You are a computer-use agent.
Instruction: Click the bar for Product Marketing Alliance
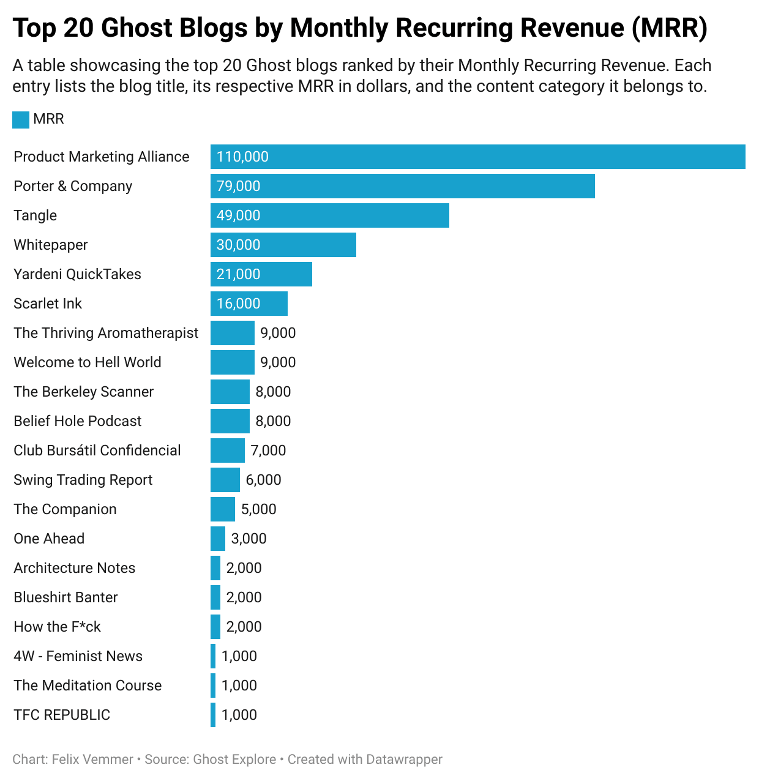click(x=477, y=157)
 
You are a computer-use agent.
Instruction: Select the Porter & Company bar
click(x=402, y=186)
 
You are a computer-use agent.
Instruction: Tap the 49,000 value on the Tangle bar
click(x=238, y=215)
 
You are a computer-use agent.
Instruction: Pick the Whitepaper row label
click(x=51, y=245)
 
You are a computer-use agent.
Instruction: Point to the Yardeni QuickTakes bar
click(x=261, y=274)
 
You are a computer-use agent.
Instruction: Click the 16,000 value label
click(x=238, y=304)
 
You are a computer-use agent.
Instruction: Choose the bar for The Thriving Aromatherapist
click(x=232, y=333)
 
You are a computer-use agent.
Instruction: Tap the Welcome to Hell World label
click(x=88, y=362)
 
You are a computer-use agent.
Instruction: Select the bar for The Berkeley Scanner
click(x=230, y=392)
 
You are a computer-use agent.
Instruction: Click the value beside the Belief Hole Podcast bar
click(x=273, y=421)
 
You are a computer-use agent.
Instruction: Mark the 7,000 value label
click(x=268, y=450)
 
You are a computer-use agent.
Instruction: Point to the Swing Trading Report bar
click(x=225, y=480)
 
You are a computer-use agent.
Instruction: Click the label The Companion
click(x=65, y=509)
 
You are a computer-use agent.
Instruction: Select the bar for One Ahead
click(x=217, y=539)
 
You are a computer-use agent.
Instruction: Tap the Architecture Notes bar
click(x=215, y=568)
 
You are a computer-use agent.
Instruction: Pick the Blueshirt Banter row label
click(x=65, y=597)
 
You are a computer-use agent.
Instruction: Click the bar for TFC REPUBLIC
click(x=213, y=715)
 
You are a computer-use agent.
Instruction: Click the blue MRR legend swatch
click(x=21, y=119)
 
